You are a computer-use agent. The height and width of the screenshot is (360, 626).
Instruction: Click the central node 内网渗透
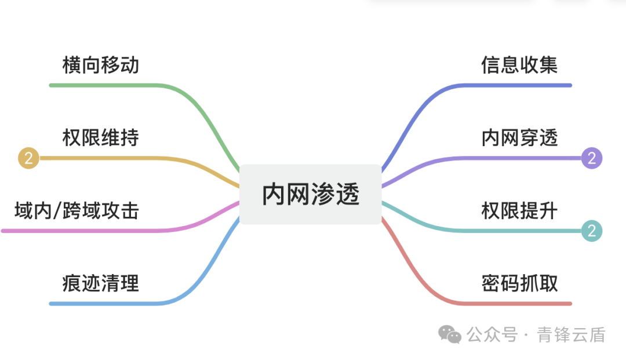311,194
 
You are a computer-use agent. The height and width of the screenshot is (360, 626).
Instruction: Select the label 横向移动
101,64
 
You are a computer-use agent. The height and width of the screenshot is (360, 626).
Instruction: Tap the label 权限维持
101,138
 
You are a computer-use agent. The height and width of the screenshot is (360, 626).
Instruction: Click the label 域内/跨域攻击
77,210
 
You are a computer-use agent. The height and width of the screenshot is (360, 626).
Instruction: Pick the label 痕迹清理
101,284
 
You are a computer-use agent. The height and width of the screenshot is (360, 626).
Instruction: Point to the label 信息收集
519,64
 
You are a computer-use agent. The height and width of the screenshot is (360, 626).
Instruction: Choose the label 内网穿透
519,138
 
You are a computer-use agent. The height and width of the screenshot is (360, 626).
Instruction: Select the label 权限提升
519,210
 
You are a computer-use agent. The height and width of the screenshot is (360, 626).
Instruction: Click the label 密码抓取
519,284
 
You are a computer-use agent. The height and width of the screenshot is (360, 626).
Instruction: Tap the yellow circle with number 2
28,158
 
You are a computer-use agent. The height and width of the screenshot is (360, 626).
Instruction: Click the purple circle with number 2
592,158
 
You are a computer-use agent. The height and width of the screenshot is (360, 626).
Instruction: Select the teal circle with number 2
592,231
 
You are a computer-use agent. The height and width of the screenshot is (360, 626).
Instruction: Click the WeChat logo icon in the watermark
450,334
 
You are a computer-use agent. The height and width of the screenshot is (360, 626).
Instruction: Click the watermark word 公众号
492,334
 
